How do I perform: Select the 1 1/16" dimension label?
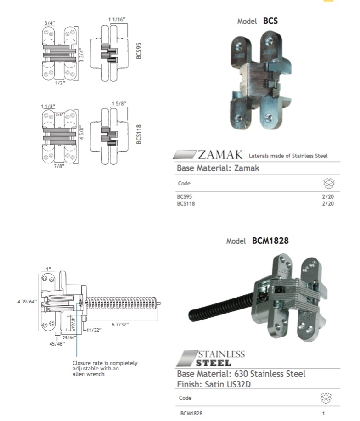coord(117,19)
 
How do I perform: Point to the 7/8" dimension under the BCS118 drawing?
coord(59,166)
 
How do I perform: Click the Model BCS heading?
coord(257,21)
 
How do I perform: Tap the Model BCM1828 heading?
coord(257,241)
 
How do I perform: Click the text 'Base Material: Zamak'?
coord(218,168)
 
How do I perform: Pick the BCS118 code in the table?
coord(186,204)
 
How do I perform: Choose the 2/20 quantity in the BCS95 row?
coord(328,196)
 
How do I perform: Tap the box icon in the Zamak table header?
coord(329,184)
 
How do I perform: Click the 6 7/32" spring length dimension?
coord(120,325)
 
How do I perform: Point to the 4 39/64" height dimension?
coord(26,301)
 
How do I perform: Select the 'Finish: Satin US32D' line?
coord(217,384)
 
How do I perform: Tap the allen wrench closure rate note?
coord(105,368)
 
